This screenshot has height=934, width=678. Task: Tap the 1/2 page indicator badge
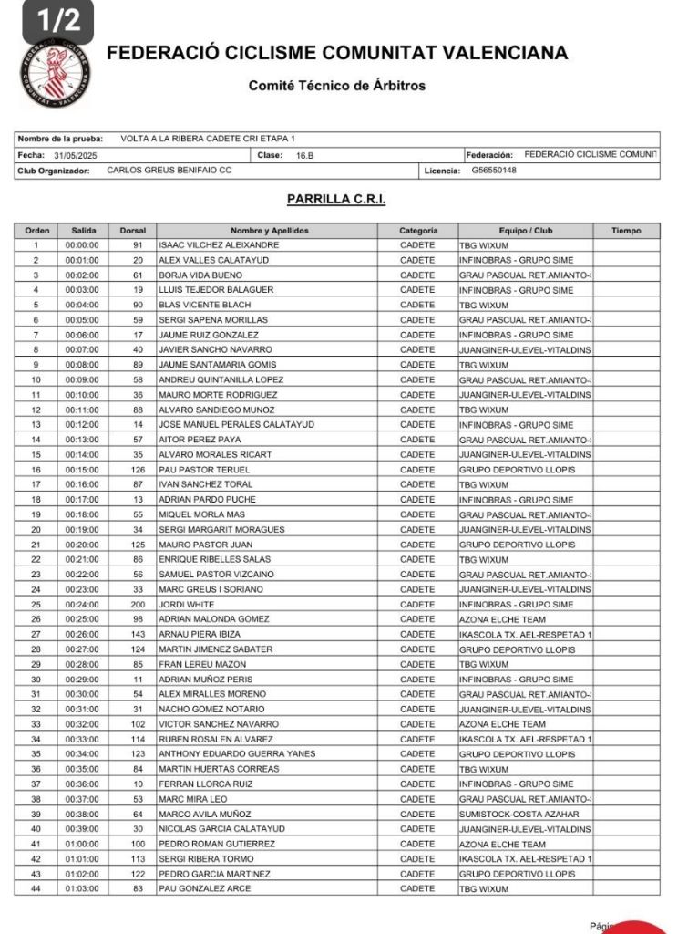coord(57,21)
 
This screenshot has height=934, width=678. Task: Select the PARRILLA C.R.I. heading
coord(337,199)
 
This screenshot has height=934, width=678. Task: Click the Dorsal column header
coord(132,231)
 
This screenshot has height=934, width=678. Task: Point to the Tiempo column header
coord(626,231)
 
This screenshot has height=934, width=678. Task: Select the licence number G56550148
coord(494,170)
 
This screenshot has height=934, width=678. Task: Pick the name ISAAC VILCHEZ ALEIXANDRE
coord(219,245)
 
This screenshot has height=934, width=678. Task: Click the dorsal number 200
coord(138,605)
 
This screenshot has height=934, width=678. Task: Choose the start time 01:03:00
coord(82,888)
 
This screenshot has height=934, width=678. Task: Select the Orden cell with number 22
coord(36,559)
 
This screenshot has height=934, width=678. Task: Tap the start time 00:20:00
coord(82,545)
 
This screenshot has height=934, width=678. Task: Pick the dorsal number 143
coord(138,634)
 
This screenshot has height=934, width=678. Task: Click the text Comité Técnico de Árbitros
coord(336,86)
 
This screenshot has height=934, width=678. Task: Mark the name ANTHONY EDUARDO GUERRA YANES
coord(237,754)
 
